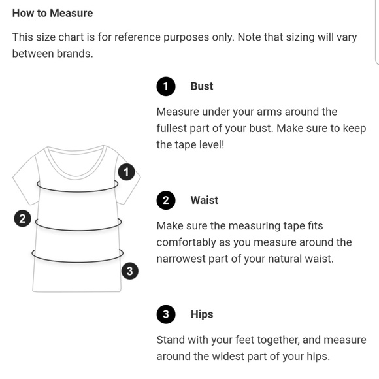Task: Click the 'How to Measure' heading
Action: click(x=52, y=13)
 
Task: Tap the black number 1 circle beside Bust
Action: click(x=166, y=86)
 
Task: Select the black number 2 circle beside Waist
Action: click(x=166, y=201)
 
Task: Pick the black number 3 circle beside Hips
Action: click(x=166, y=314)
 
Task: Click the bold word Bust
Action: click(x=202, y=86)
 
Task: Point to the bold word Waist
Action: click(x=205, y=201)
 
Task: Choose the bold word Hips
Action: click(x=202, y=315)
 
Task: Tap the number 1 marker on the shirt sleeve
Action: click(x=126, y=172)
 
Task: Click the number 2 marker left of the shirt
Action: click(x=22, y=218)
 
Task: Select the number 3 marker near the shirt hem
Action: click(x=130, y=271)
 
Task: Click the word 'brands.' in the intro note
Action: click(x=74, y=54)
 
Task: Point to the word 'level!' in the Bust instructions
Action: click(x=212, y=145)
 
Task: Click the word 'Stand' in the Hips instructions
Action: click(x=171, y=340)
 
